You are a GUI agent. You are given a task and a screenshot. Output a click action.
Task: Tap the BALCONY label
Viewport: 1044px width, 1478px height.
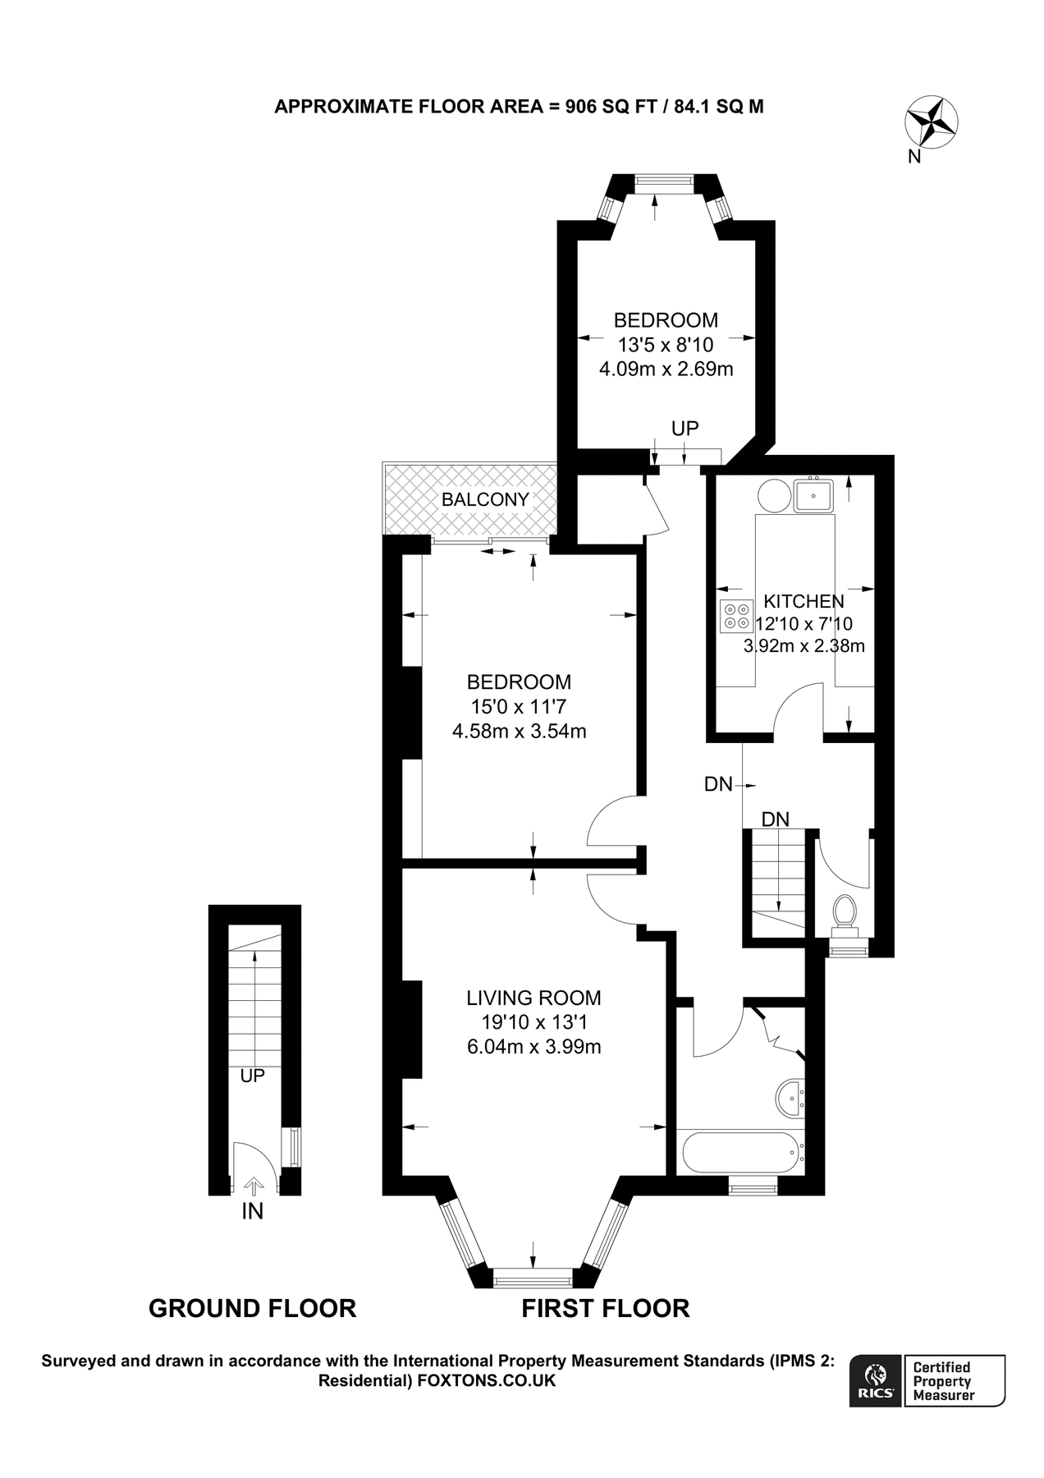tap(485, 499)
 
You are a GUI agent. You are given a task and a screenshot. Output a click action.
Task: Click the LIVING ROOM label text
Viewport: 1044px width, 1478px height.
tap(533, 998)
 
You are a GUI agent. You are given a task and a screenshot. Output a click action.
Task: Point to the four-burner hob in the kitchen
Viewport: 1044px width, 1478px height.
tap(735, 617)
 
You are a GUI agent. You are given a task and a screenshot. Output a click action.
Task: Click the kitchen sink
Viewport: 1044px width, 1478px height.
tap(813, 495)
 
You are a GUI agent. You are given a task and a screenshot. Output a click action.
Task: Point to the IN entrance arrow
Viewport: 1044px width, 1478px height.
tap(253, 1186)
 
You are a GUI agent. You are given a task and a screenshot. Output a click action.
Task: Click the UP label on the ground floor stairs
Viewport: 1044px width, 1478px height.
tap(252, 1076)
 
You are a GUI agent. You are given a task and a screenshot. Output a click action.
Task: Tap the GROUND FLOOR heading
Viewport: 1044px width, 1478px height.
tap(252, 1308)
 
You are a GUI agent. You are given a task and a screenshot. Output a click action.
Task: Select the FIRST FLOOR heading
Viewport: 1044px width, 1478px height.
tap(605, 1308)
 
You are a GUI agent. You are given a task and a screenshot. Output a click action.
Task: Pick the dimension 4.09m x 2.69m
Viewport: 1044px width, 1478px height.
tap(666, 369)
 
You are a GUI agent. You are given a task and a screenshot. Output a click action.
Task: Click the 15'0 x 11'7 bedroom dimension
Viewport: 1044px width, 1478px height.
tap(519, 706)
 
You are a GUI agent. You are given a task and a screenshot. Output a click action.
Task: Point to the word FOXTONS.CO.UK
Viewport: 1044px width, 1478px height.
tap(487, 1381)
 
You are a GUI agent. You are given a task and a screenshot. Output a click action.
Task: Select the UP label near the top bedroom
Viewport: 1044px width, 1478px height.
tap(685, 428)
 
